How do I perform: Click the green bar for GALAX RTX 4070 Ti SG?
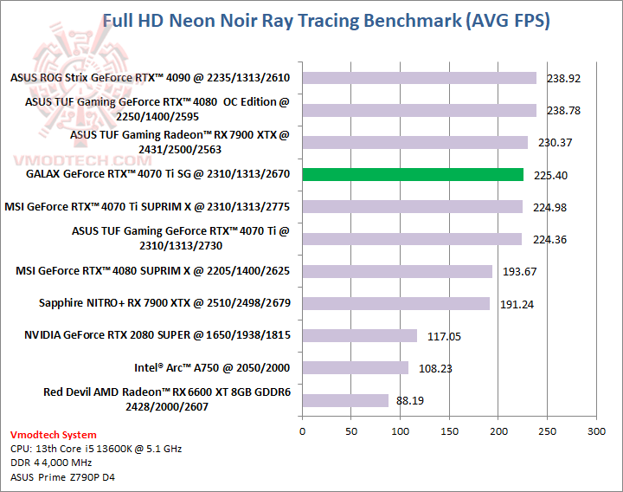(413, 175)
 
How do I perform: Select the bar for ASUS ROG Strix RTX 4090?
(419, 78)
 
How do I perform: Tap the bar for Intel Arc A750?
(355, 368)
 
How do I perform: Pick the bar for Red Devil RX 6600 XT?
(345, 400)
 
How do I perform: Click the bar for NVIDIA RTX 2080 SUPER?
(359, 335)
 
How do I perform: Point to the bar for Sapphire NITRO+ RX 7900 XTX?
(395, 303)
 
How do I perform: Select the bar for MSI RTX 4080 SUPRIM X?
(396, 271)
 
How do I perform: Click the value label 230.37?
(555, 143)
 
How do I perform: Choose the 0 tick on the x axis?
(302, 430)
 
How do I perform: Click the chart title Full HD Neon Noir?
(326, 20)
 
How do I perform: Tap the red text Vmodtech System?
(54, 435)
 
